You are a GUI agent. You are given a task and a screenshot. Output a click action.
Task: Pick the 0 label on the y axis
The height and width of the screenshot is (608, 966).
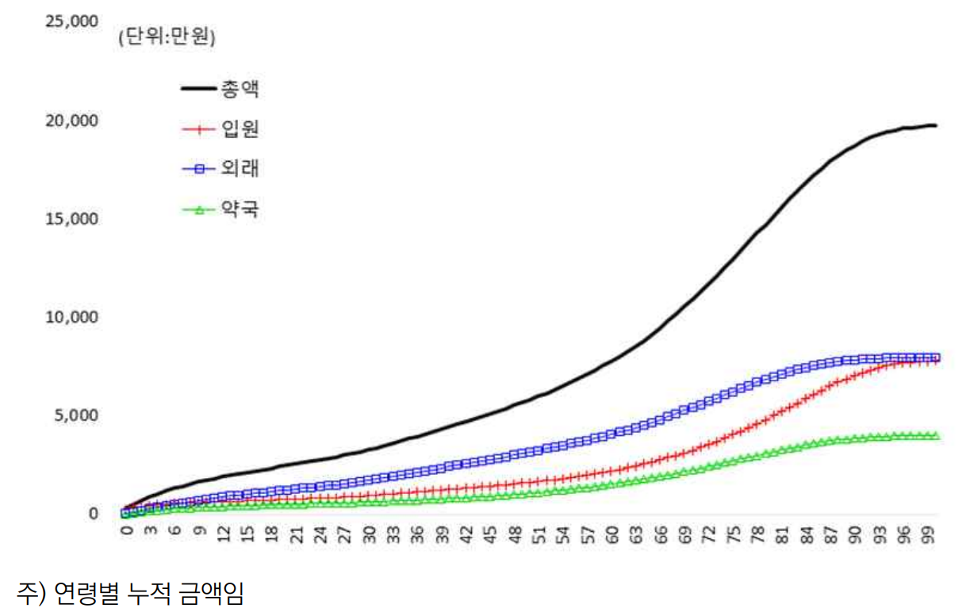(x=93, y=514)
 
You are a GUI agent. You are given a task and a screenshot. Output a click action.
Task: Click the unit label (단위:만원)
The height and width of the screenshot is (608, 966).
(x=167, y=37)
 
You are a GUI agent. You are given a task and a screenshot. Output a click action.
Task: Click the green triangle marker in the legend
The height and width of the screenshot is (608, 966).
(x=200, y=210)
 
